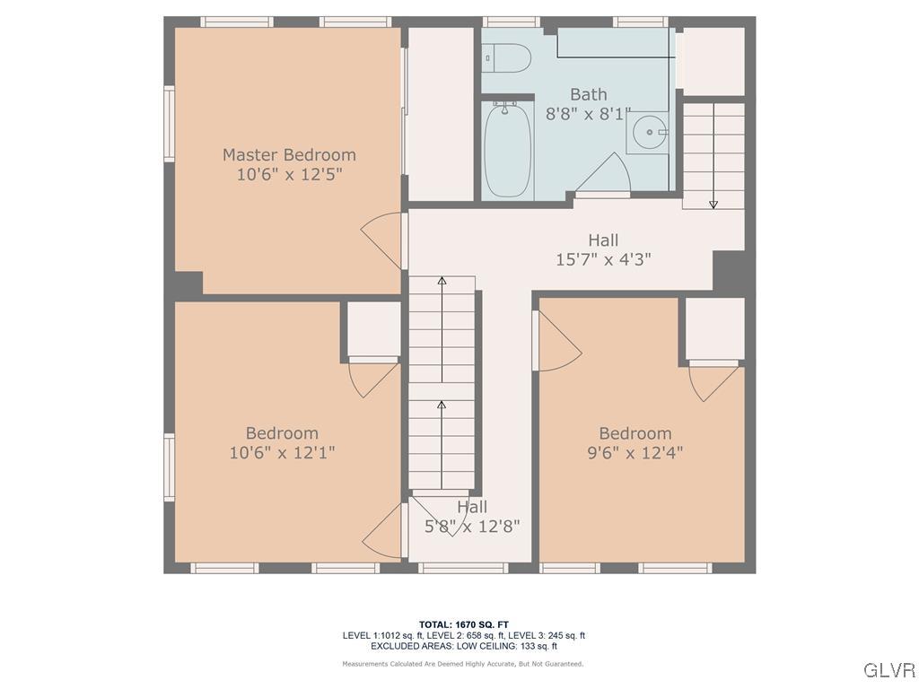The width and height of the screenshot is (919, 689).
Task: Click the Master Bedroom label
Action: [289, 154]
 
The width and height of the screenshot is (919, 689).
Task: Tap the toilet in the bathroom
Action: [507, 57]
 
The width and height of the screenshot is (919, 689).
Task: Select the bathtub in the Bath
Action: [508, 150]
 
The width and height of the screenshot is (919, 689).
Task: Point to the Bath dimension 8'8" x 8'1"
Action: [589, 114]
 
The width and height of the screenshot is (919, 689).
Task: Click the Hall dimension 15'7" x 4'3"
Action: [603, 259]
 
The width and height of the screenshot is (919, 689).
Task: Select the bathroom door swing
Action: [604, 175]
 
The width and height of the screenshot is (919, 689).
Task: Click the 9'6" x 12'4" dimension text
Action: [635, 453]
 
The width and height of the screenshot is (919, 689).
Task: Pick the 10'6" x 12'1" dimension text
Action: [282, 453]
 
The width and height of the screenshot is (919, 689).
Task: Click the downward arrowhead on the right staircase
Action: [713, 205]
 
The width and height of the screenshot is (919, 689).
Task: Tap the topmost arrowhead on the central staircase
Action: [442, 281]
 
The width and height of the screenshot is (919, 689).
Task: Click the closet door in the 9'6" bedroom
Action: [713, 381]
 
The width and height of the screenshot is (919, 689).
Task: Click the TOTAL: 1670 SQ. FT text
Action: [463, 624]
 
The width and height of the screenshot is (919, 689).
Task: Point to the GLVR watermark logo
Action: [888, 670]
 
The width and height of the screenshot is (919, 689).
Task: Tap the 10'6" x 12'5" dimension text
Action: [289, 174]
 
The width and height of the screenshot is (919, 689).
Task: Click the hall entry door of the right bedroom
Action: [556, 341]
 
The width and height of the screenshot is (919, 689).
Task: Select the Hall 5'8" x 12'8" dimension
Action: [472, 527]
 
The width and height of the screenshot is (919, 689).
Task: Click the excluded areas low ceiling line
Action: [463, 646]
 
